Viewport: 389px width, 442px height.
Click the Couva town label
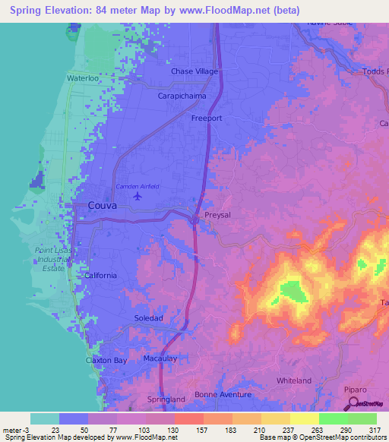coord(102,205)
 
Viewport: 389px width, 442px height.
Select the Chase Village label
coord(194,71)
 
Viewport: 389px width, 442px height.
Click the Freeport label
coord(207,119)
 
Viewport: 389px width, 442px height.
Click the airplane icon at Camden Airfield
coord(138,197)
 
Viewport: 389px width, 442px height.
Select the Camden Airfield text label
coord(138,186)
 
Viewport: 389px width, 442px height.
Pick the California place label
coord(101,276)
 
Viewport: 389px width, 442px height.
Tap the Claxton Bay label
coord(106,360)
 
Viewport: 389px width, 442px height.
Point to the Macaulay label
coord(160,357)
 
